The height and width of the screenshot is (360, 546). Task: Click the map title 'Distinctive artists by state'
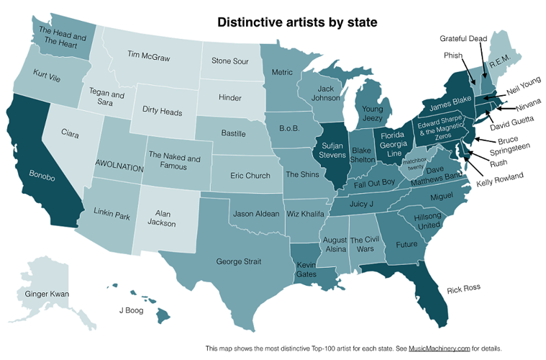click(297, 22)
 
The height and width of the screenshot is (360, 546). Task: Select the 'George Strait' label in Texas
click(238, 261)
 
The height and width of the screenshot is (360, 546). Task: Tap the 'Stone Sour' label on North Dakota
click(230, 61)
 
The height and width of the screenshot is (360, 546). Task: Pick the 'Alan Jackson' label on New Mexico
click(166, 217)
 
